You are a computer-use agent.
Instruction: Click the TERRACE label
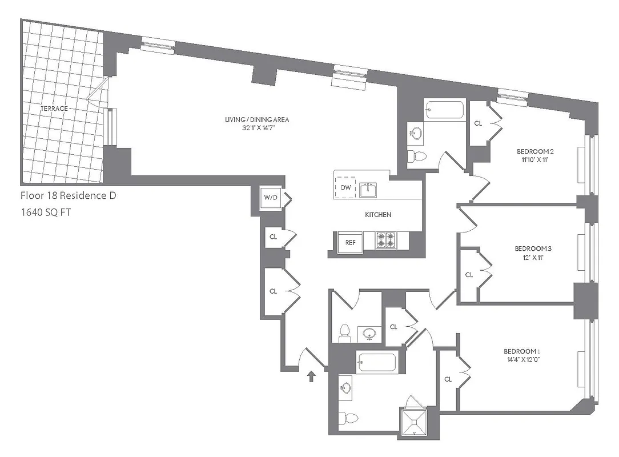54,109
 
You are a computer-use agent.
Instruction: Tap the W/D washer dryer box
270,198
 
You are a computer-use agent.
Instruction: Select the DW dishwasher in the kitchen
345,187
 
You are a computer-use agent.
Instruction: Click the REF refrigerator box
350,242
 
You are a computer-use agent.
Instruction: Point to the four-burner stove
385,241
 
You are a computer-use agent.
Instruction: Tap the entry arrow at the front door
311,376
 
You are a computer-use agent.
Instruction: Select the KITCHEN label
378,215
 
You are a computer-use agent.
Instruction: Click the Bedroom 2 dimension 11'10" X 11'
535,160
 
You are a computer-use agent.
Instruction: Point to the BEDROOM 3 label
533,248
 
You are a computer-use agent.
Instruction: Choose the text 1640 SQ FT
46,213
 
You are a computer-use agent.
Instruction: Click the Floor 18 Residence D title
68,196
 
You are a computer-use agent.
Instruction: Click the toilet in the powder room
344,332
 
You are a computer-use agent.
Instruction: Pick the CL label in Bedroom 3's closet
469,275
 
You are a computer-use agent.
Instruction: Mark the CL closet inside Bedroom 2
479,123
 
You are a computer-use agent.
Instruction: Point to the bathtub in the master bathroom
376,363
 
